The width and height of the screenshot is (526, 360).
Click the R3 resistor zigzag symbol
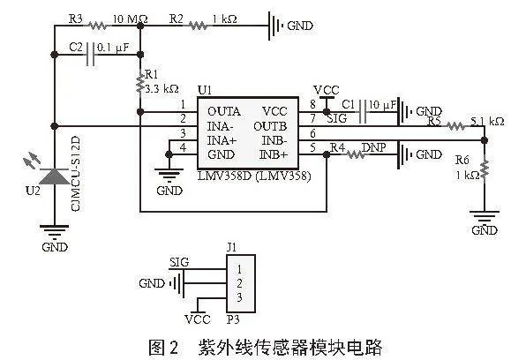[98, 26]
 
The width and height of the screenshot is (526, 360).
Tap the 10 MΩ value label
[130, 19]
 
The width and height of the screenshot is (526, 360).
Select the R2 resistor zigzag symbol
[198, 26]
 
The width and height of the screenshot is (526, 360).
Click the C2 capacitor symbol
[91, 55]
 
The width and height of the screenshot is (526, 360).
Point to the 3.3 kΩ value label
[162, 89]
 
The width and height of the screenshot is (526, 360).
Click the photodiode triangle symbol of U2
[55, 176]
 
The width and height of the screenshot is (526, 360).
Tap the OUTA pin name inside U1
[224, 111]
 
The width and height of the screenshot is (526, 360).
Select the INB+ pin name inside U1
[274, 154]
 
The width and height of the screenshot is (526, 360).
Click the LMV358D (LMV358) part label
[254, 176]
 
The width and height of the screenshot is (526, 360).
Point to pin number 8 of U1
[312, 104]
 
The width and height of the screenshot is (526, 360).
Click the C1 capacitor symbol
[363, 111]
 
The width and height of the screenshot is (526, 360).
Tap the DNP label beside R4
[373, 147]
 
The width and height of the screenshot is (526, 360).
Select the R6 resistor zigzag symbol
[485, 169]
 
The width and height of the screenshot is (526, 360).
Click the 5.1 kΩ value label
[487, 121]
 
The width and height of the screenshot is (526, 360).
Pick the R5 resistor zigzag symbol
[455, 126]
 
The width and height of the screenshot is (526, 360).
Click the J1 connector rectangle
[241, 284]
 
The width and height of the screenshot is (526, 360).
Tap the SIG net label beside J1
[179, 262]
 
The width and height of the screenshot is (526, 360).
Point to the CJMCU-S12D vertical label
[76, 174]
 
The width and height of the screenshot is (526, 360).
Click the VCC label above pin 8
[327, 90]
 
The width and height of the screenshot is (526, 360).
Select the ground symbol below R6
[485, 217]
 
